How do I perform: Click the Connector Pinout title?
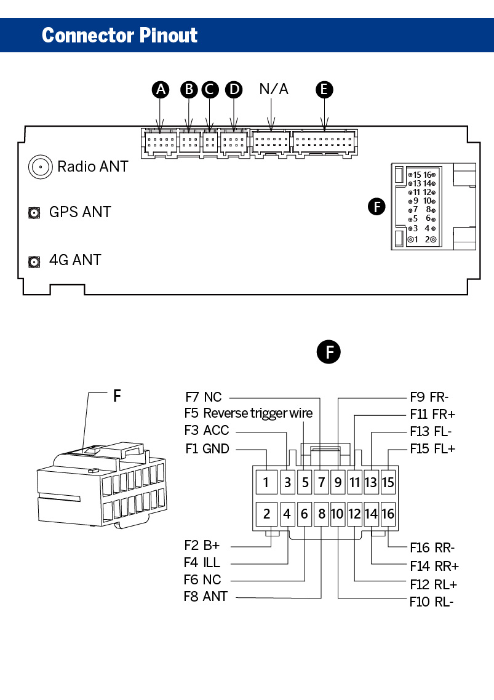coord(119,35)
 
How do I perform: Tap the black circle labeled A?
coord(161,90)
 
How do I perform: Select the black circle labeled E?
coord(324,90)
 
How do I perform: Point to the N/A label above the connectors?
coord(274,89)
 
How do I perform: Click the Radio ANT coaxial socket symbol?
coord(40,167)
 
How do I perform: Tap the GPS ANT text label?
coord(80,212)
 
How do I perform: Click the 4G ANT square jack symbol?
coord(34,261)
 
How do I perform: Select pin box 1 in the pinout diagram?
coord(266,482)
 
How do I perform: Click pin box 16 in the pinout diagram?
coord(388,514)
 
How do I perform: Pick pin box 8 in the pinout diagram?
coord(322,514)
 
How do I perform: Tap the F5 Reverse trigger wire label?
coord(249,413)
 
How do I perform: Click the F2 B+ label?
coord(202,546)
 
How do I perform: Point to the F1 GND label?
coord(207,448)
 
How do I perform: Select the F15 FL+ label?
coord(432,448)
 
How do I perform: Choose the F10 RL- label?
coord(431,602)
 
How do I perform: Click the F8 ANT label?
coord(206,597)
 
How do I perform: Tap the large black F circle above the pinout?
coord(329,352)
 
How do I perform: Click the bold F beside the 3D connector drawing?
coord(117,396)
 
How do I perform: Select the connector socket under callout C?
coord(210,143)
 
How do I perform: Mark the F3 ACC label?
coord(207,431)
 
